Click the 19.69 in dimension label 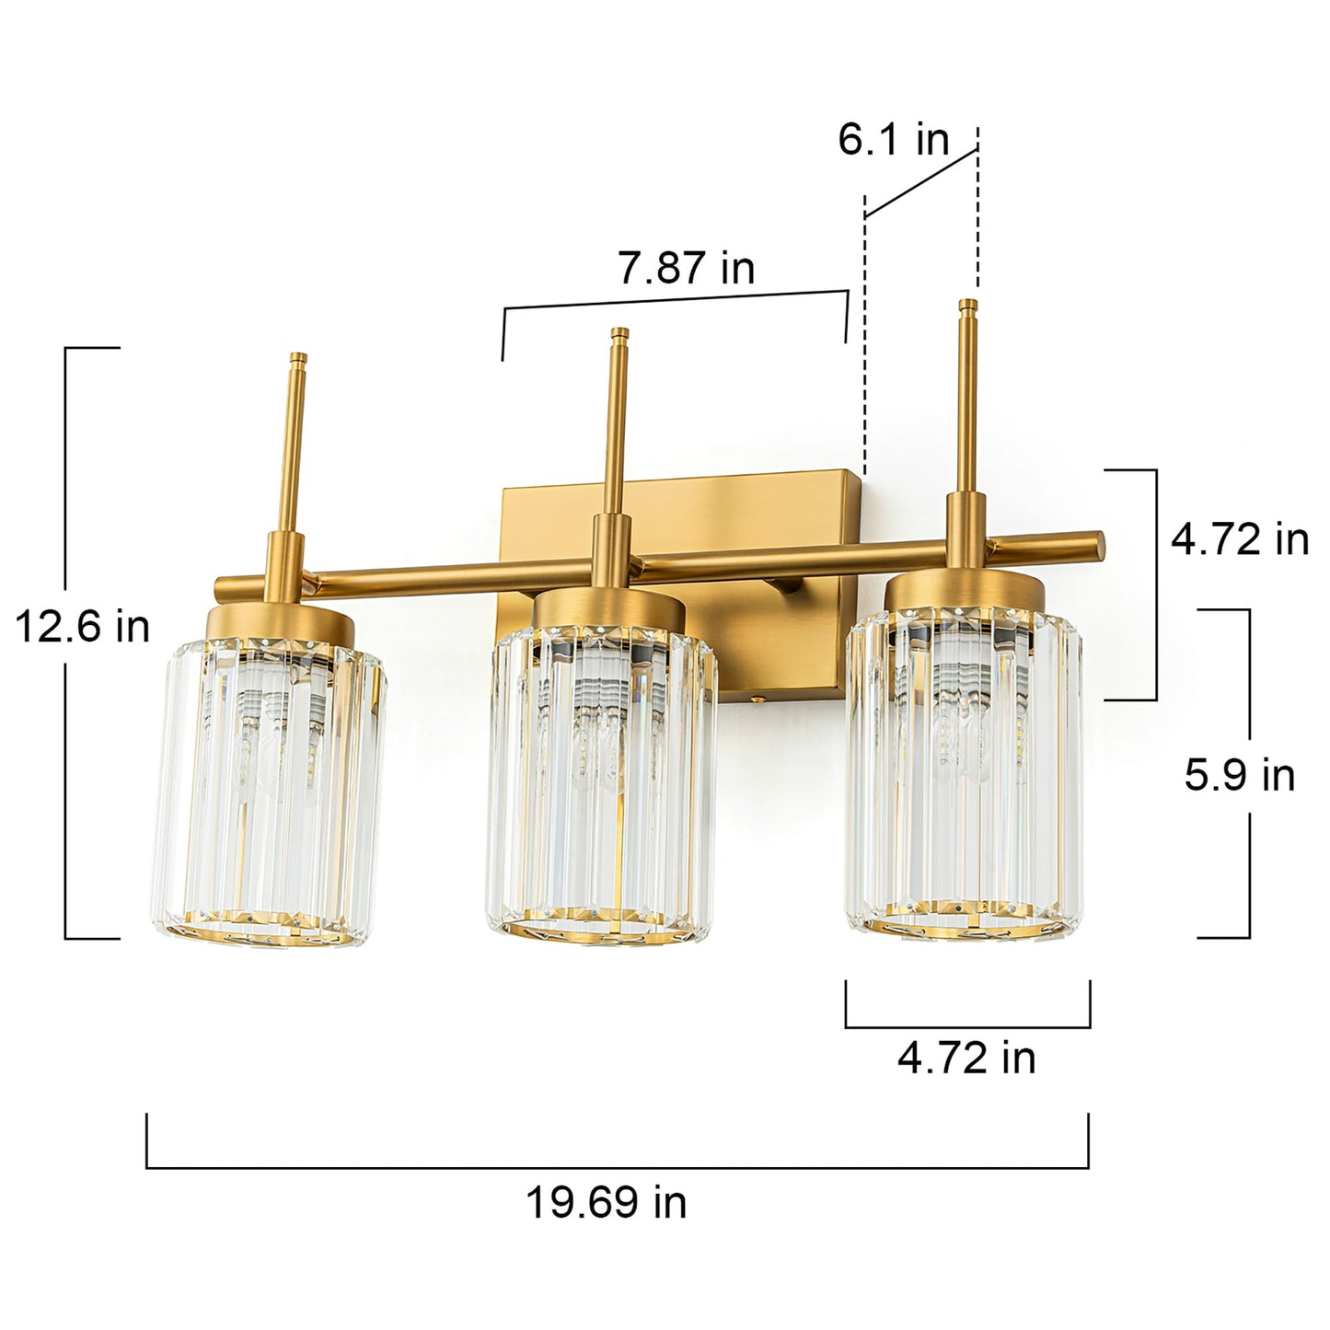tap(606, 1202)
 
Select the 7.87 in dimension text tap(686, 268)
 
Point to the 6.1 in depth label tap(892, 139)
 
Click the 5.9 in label tap(1239, 775)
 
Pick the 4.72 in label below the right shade tap(966, 1058)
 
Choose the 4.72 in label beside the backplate tap(1239, 538)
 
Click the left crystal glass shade tap(266, 792)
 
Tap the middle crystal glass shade tap(603, 792)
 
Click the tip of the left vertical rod tap(296, 358)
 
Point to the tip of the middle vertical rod tap(620, 332)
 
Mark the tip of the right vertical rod tap(966, 304)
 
